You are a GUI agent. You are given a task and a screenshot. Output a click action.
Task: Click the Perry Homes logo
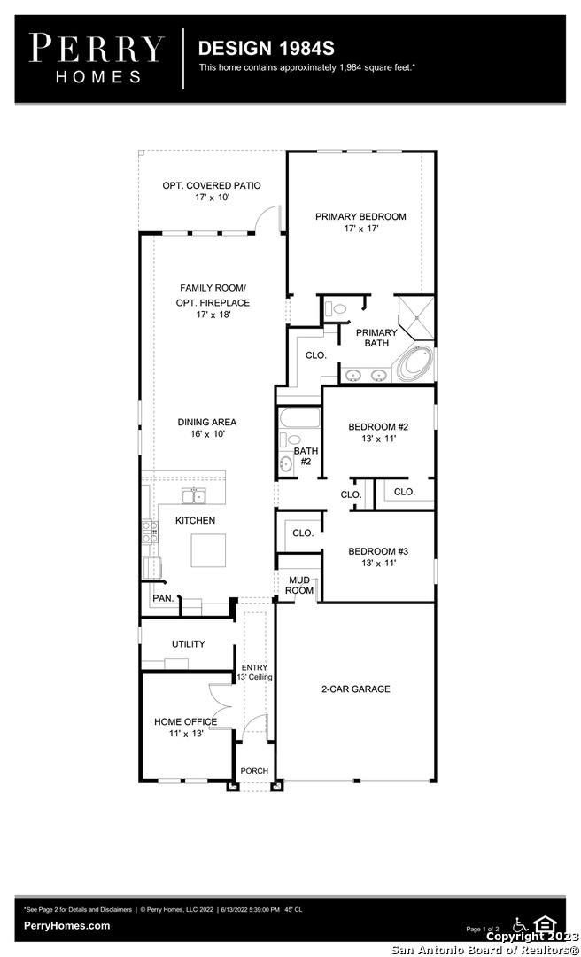[97, 58]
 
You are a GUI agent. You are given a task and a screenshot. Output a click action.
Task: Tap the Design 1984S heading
[266, 48]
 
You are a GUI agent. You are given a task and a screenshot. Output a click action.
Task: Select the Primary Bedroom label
[360, 217]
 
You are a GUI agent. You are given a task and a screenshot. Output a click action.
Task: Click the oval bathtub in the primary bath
[415, 364]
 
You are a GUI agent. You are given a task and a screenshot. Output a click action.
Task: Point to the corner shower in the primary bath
[416, 317]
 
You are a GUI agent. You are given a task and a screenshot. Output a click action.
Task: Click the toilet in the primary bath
[337, 307]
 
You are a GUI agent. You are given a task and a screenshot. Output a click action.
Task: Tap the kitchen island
[208, 550]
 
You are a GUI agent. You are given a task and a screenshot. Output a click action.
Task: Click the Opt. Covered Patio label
[211, 185]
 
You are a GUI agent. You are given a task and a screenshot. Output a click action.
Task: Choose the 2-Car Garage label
[356, 689]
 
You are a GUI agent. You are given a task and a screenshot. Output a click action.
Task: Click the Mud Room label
[299, 586]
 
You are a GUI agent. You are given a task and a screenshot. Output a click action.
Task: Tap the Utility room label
[188, 644]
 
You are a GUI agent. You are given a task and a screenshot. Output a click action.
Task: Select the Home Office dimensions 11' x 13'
[186, 734]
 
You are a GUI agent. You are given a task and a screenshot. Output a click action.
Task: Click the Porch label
[254, 771]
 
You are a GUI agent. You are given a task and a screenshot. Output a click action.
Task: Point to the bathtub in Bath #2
[299, 418]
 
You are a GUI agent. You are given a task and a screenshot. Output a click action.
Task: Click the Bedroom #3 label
[378, 552]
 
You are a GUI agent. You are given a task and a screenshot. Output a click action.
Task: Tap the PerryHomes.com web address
[67, 926]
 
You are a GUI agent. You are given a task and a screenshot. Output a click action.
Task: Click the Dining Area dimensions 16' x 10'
[207, 434]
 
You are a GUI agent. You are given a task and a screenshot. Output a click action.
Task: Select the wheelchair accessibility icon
[520, 924]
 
